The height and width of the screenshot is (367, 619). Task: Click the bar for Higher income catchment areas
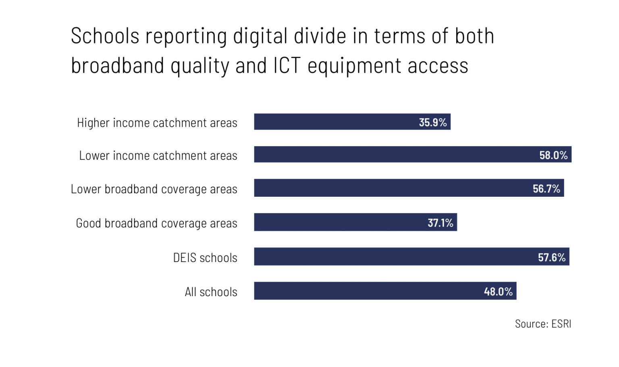[x=334, y=122]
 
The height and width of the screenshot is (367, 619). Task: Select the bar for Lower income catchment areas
[x=395, y=155]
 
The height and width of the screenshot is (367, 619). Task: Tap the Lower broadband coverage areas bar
[x=391, y=188]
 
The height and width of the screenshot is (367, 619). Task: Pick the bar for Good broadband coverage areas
[x=339, y=222]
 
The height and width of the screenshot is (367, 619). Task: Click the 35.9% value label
[x=433, y=122]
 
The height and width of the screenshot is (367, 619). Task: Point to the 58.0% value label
[x=553, y=155]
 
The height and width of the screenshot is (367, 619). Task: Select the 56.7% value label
[x=546, y=189]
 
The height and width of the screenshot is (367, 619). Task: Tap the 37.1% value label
[x=440, y=223]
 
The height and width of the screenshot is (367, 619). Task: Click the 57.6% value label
[x=552, y=257]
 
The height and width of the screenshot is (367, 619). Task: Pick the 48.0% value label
[x=498, y=291]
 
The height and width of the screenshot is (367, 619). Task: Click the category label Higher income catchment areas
[x=157, y=123]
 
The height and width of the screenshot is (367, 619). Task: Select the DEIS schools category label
[x=205, y=258]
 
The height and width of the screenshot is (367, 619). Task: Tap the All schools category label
[x=211, y=292]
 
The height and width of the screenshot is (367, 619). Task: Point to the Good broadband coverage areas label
[x=156, y=223]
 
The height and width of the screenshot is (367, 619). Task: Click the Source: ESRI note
[x=543, y=324]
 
